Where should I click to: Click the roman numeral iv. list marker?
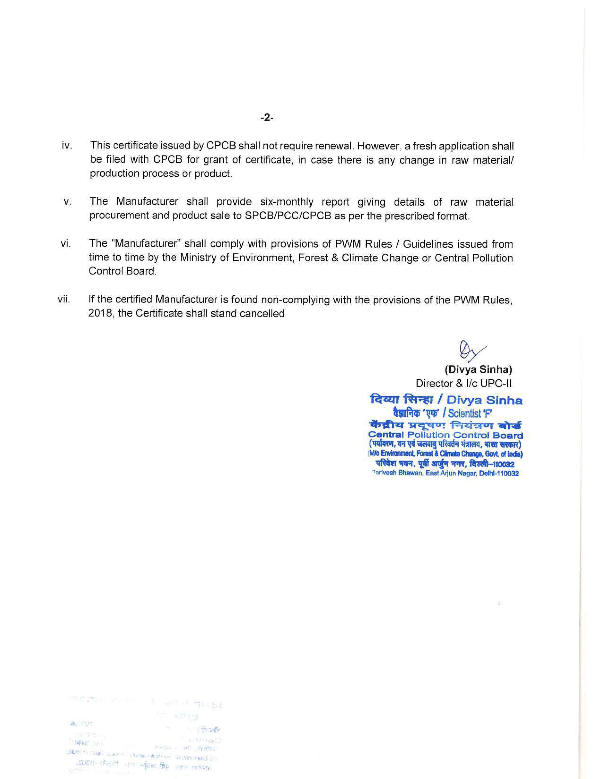point(67,146)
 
